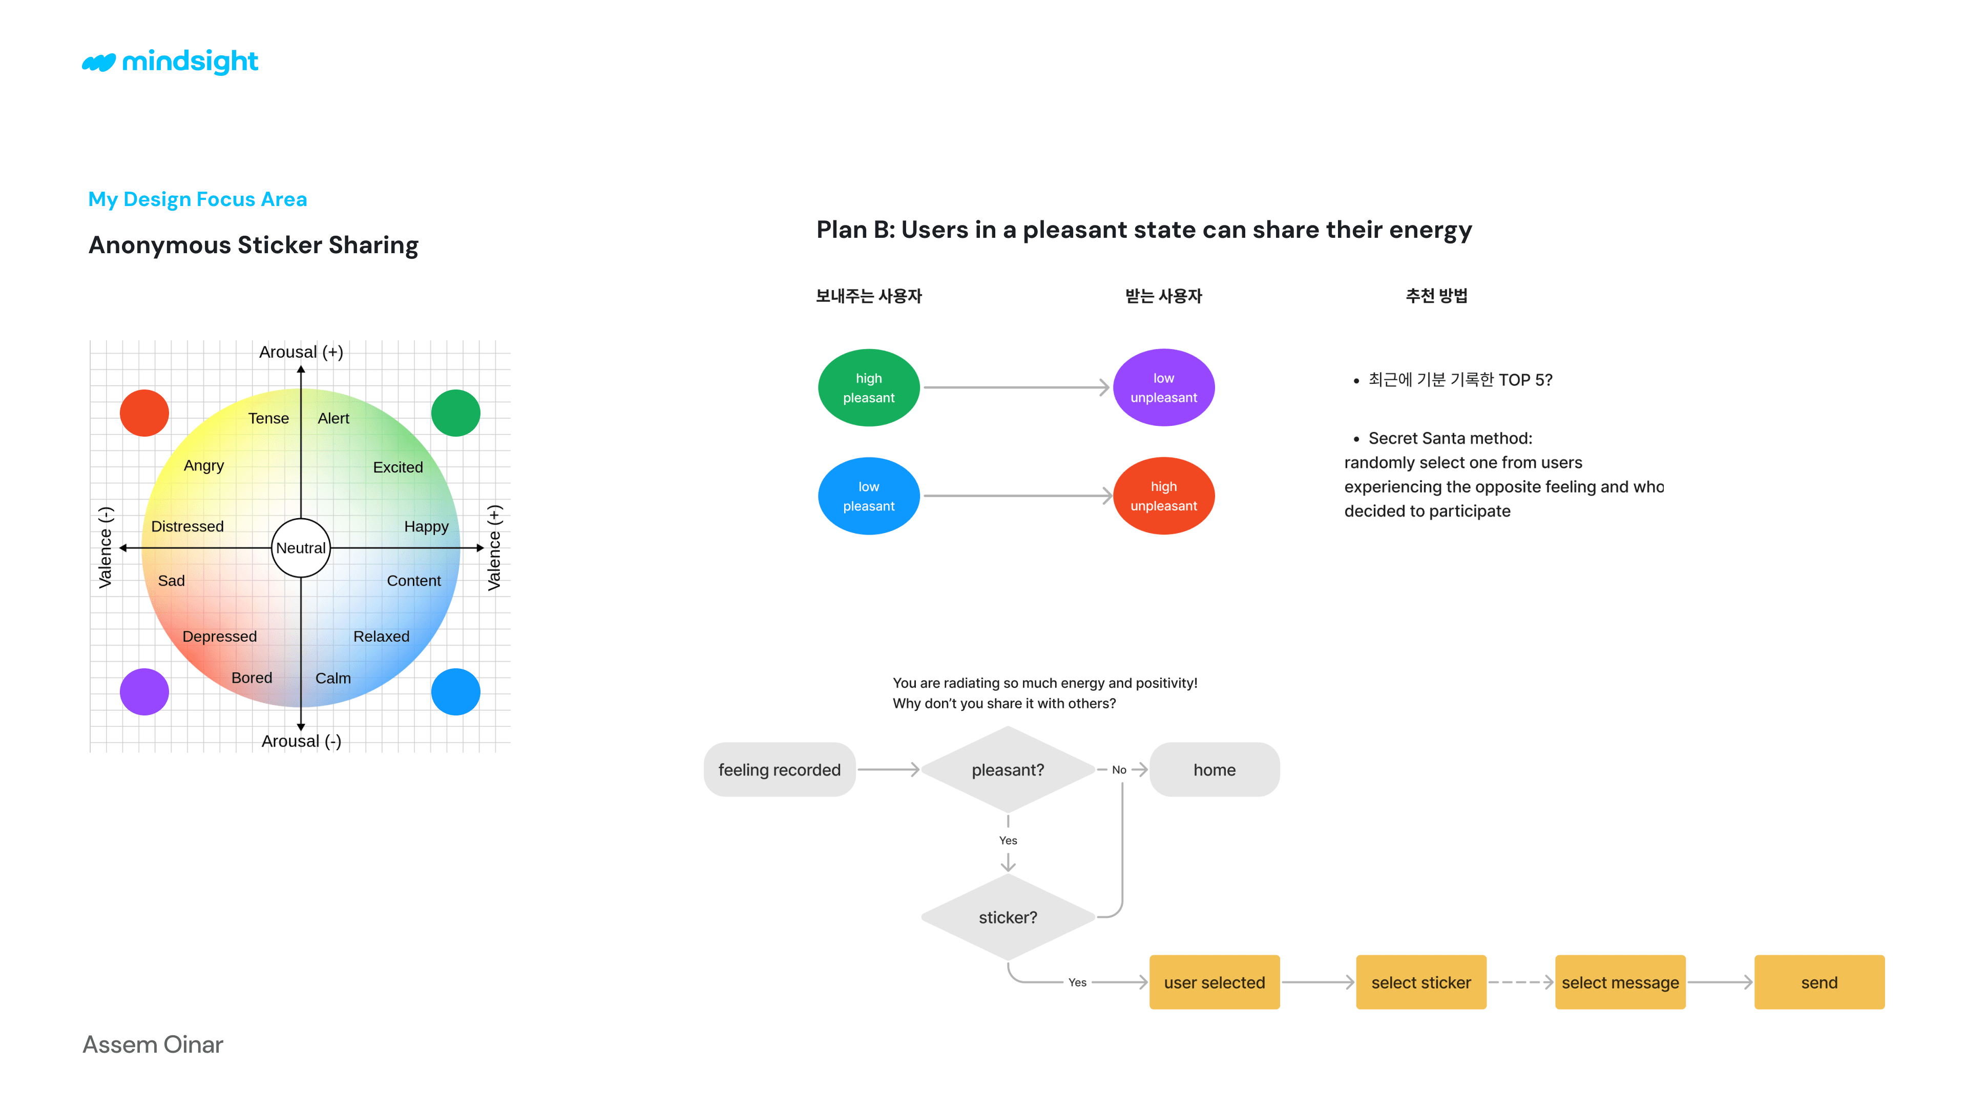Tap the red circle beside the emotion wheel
(144, 413)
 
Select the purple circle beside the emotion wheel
(144, 691)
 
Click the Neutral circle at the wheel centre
(301, 548)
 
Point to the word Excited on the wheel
(398, 467)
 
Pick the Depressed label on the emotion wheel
(219, 637)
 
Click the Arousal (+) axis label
(301, 352)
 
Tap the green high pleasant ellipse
(868, 387)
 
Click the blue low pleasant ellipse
(868, 496)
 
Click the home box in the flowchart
(1214, 769)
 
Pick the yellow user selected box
(1214, 982)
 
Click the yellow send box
(1819, 982)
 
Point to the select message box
(1620, 982)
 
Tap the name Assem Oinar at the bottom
(153, 1044)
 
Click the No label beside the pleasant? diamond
(1119, 769)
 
